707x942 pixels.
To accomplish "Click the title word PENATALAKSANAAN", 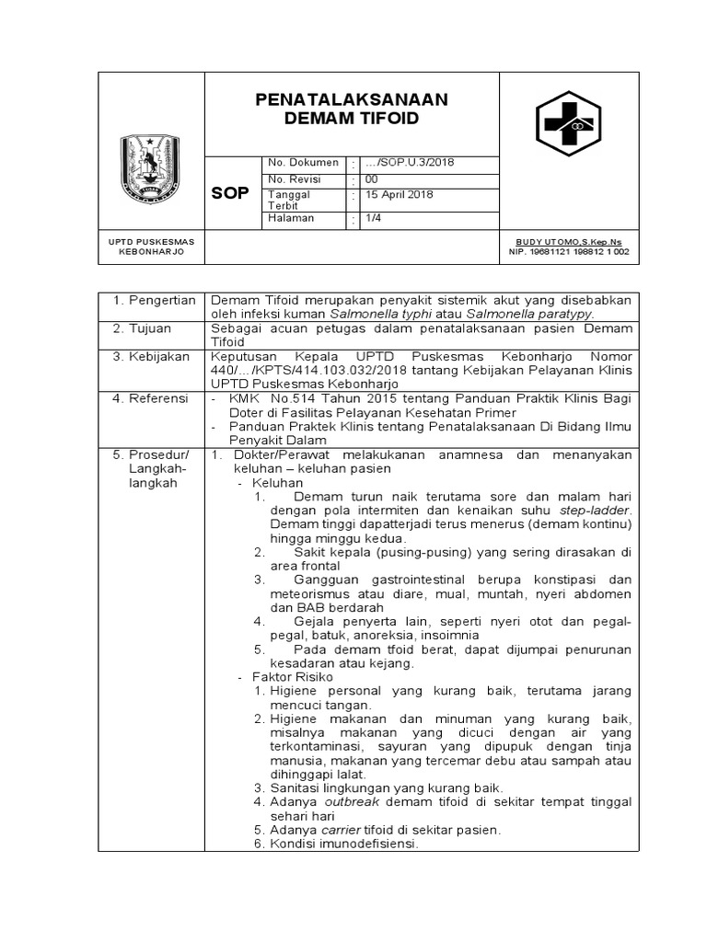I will (351, 99).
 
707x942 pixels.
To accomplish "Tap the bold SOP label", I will (229, 194).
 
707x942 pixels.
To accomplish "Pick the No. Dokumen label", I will (303, 163).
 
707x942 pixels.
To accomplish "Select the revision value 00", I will (371, 179).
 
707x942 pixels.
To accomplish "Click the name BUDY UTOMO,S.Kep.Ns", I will (571, 240).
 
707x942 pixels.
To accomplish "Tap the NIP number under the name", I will (571, 251).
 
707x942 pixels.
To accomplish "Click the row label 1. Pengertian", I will (154, 300).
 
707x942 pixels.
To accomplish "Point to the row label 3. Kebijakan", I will (151, 355).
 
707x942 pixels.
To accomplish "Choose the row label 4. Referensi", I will (150, 398).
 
